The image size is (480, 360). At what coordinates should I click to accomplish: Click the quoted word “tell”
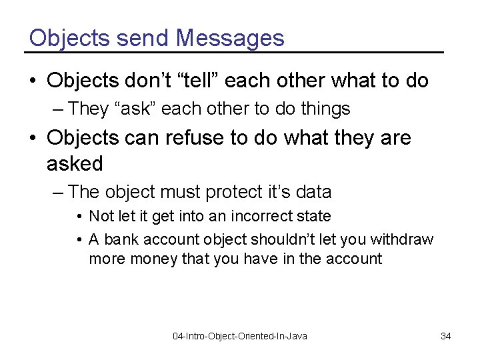200,81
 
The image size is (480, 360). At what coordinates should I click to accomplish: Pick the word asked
75,163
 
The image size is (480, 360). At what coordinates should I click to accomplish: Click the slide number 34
446,336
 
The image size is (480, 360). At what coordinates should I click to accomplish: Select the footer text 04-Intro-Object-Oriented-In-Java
240,336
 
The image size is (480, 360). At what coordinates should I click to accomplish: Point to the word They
88,107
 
